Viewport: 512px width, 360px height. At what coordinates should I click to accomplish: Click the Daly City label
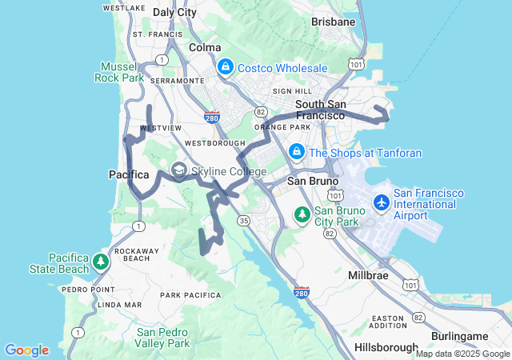174,13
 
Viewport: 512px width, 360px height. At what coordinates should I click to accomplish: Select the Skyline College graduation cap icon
178,170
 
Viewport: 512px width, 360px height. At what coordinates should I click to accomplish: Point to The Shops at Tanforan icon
296,151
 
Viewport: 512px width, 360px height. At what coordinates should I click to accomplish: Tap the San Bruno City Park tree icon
302,214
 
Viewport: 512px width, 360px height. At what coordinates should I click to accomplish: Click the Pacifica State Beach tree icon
101,262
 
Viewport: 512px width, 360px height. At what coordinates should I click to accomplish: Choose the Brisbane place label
333,22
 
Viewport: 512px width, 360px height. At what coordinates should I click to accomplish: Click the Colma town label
205,47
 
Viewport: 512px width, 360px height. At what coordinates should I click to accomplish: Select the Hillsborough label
386,348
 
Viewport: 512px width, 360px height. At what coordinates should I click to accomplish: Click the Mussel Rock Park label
122,73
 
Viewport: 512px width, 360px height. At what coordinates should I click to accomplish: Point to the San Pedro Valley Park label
163,338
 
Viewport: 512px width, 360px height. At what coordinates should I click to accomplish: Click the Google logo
26,350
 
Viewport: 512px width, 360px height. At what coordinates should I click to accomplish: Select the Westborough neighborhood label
209,143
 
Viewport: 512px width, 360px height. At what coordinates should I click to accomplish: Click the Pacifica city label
129,174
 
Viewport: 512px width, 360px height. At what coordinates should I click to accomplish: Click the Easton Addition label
389,322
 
